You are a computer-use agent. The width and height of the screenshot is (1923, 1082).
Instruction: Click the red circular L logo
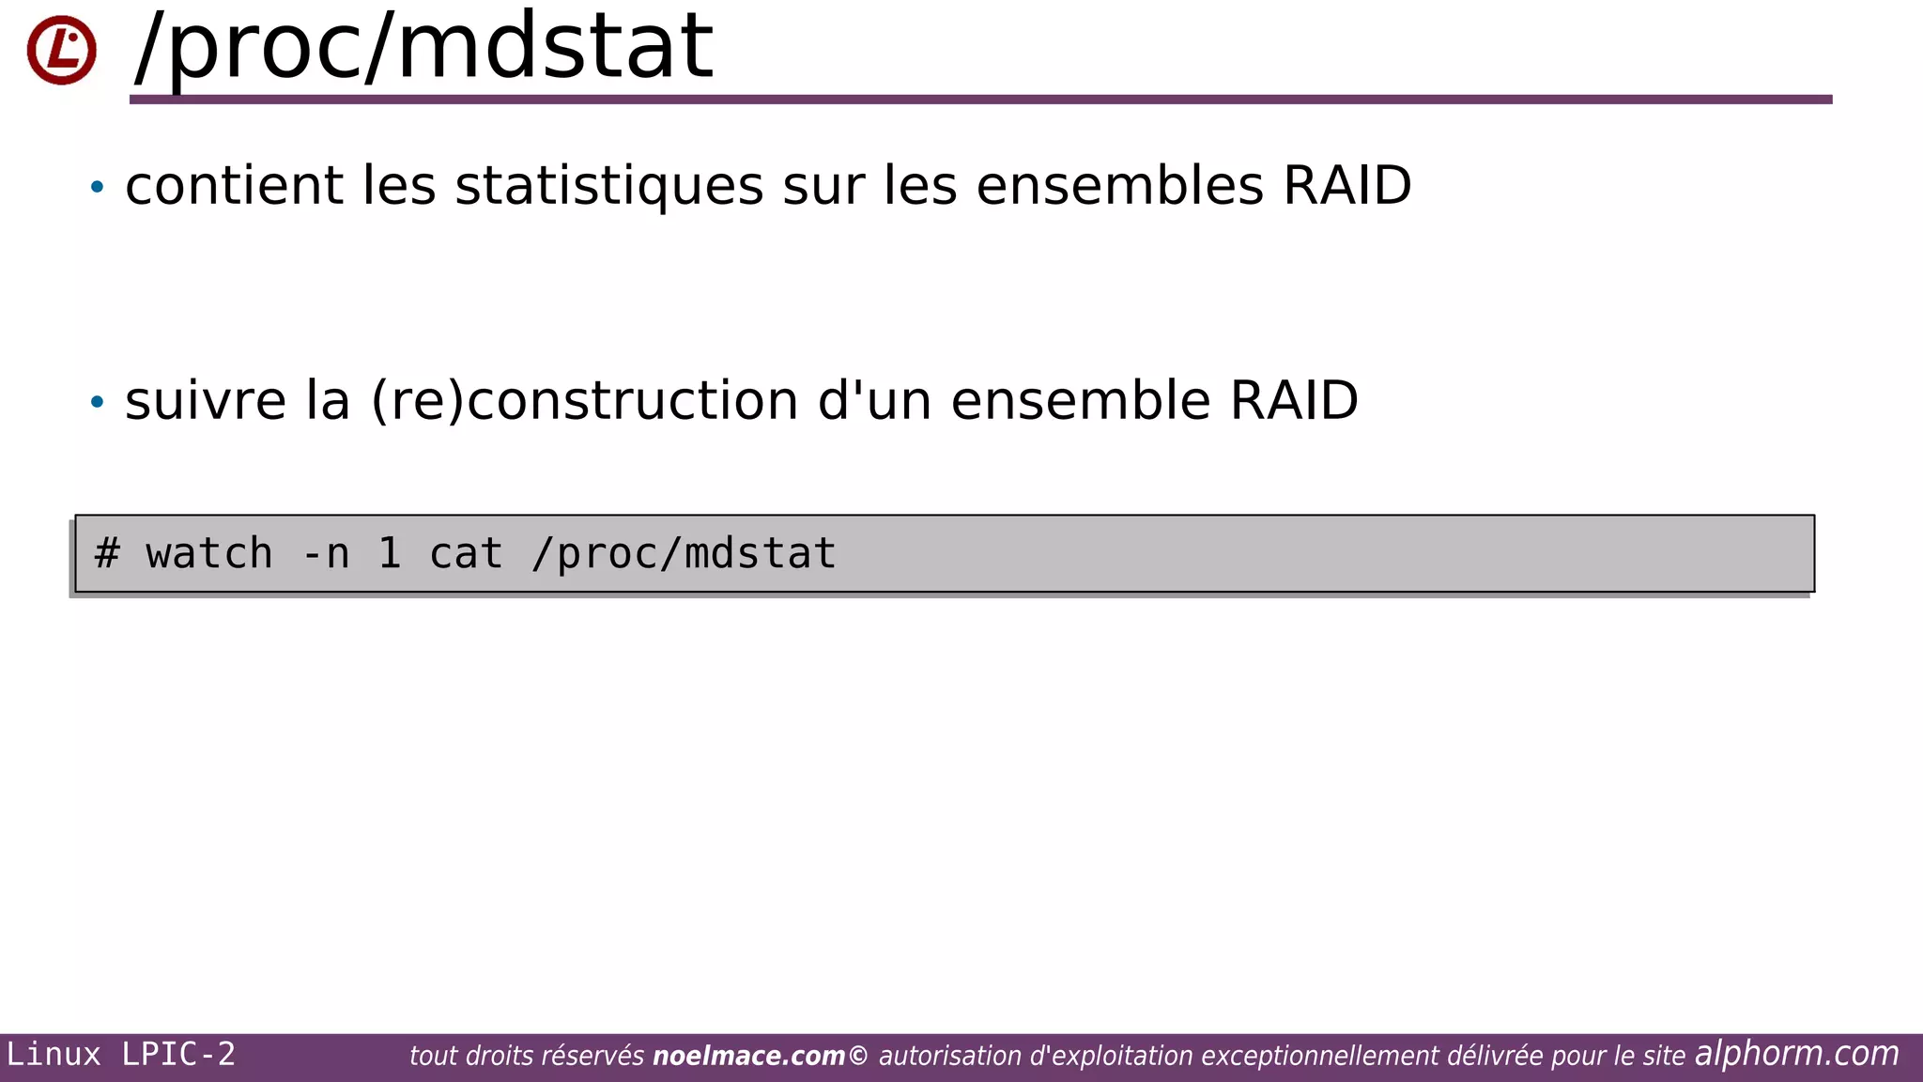pyautogui.click(x=61, y=50)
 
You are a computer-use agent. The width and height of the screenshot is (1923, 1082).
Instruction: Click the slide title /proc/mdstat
pyautogui.click(x=424, y=47)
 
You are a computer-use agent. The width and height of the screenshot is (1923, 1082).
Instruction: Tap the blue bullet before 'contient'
pyautogui.click(x=97, y=187)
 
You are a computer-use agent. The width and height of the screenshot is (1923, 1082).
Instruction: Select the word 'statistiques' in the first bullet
pyautogui.click(x=608, y=186)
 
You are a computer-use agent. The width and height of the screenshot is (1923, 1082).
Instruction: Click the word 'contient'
pyautogui.click(x=234, y=185)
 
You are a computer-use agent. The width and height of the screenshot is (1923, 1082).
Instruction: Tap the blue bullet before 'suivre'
pyautogui.click(x=97, y=402)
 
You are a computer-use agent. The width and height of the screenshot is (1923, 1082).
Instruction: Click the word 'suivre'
pyautogui.click(x=205, y=401)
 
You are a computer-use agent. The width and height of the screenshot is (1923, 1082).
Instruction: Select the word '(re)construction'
pyautogui.click(x=584, y=401)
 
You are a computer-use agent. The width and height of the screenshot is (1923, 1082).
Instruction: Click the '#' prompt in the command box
pyautogui.click(x=107, y=553)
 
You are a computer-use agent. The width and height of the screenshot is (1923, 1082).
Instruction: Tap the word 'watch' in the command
pyautogui.click(x=209, y=553)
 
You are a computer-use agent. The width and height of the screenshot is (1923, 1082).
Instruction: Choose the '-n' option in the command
pyautogui.click(x=325, y=553)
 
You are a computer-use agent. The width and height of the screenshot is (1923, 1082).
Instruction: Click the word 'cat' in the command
pyautogui.click(x=466, y=553)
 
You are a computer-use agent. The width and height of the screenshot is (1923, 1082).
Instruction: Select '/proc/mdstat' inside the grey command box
pyautogui.click(x=684, y=553)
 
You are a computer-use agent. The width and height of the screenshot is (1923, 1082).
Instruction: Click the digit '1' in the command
pyautogui.click(x=390, y=553)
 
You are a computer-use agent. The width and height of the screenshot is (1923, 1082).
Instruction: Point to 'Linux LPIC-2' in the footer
pyautogui.click(x=120, y=1055)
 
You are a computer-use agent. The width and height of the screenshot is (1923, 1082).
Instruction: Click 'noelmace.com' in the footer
pyautogui.click(x=748, y=1057)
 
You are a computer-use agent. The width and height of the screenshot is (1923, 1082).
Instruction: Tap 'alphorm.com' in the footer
pyautogui.click(x=1796, y=1054)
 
